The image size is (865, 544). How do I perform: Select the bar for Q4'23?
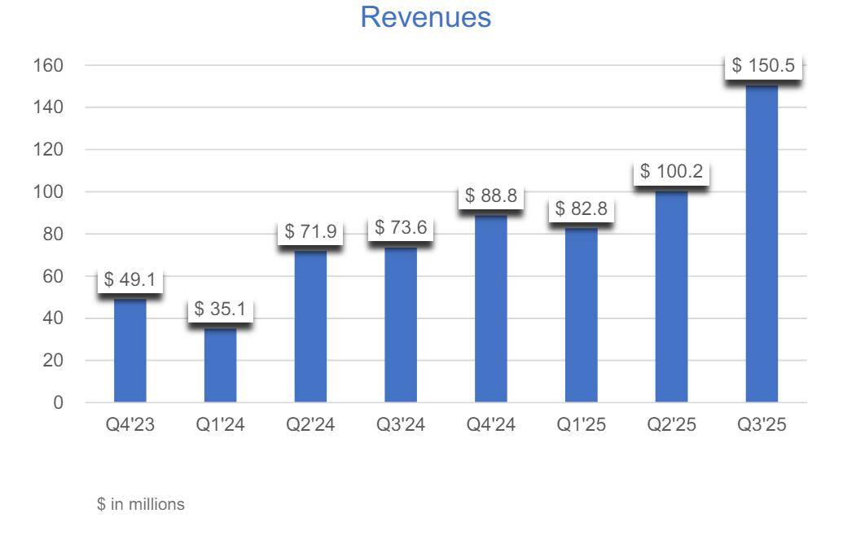130,350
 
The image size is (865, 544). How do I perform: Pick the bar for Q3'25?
762,244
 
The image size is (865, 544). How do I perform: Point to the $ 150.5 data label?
763,66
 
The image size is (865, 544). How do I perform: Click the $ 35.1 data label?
221,310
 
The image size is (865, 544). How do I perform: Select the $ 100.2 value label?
672,172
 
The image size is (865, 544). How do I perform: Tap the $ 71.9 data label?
310,231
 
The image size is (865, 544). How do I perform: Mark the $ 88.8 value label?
491,196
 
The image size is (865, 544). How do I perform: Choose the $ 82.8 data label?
582,208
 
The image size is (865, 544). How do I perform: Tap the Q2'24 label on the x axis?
310,426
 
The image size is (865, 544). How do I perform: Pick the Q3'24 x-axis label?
401,426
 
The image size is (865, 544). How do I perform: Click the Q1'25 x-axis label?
582,426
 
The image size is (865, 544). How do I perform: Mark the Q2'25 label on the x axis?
672,426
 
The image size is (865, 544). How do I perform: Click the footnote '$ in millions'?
141,505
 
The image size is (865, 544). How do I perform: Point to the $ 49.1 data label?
130,280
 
